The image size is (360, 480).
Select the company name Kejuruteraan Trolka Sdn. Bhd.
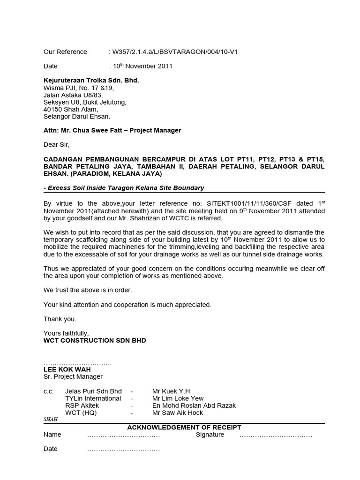point(91,81)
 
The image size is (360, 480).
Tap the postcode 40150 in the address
point(52,109)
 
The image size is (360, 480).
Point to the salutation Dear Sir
point(56,145)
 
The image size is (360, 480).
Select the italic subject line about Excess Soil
point(125,188)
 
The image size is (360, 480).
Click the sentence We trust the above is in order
point(88,290)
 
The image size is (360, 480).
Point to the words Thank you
point(60,319)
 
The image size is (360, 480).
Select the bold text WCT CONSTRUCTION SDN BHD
point(95,340)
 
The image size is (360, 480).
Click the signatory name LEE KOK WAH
point(67,369)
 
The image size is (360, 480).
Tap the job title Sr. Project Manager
point(73,376)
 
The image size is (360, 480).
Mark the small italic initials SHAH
point(50,420)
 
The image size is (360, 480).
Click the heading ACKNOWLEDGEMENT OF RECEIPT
point(184,427)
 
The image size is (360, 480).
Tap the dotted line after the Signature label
point(276,435)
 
